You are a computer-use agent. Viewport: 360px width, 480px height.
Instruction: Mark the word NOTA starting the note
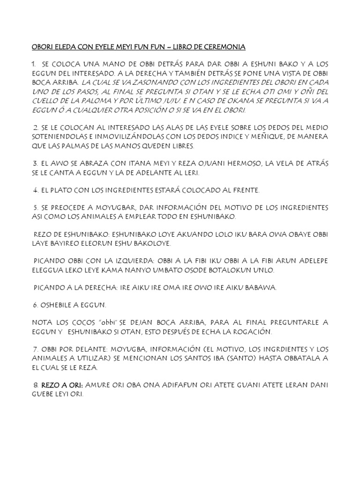tap(42, 323)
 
